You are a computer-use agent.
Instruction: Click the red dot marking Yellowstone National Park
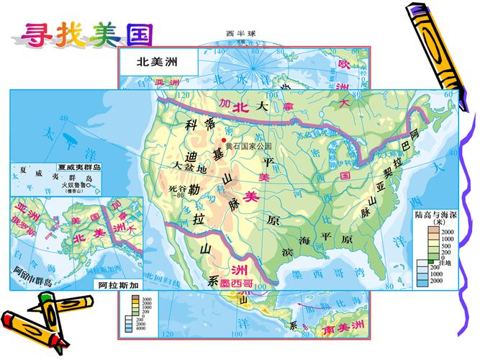(225, 140)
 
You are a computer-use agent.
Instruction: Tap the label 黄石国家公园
(248, 146)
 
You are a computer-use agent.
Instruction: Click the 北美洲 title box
(157, 62)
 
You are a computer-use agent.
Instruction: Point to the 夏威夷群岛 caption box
(80, 167)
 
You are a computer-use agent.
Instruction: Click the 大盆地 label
(190, 167)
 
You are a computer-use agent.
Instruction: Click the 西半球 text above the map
(240, 34)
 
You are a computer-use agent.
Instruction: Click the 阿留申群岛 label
(33, 276)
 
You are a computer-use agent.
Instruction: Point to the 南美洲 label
(339, 330)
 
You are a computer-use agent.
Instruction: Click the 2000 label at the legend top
(448, 232)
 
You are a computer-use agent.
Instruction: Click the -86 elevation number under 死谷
(178, 194)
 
